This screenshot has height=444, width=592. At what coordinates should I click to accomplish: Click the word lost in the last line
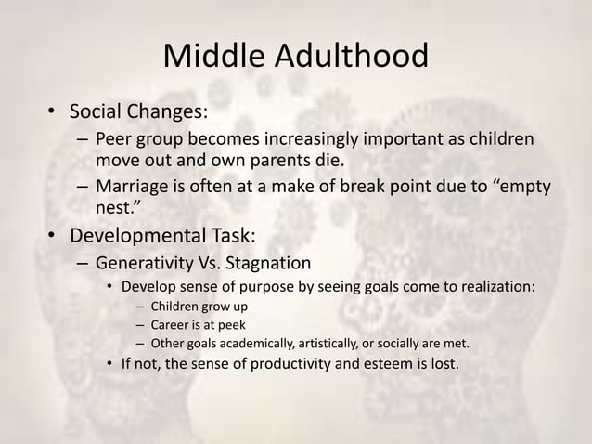[x=441, y=362]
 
